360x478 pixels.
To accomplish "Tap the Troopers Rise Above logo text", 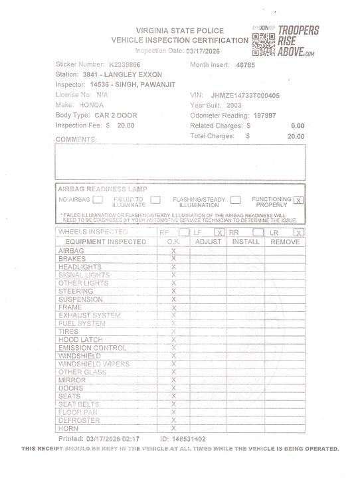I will (298, 40).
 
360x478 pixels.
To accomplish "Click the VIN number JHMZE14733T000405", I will (245, 96).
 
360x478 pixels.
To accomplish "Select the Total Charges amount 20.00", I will (296, 135).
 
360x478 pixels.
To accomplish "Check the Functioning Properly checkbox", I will (298, 200).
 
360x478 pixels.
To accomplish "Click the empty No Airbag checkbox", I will (98, 199).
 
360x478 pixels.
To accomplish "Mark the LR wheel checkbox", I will (298, 232).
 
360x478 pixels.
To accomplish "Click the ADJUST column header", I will (209, 242).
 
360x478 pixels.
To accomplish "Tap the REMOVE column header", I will (284, 242).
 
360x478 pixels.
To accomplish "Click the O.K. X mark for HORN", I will (173, 428).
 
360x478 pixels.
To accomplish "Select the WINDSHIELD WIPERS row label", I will (94, 364).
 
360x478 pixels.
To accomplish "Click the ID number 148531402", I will (183, 439).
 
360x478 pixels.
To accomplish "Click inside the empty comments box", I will (180, 162).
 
